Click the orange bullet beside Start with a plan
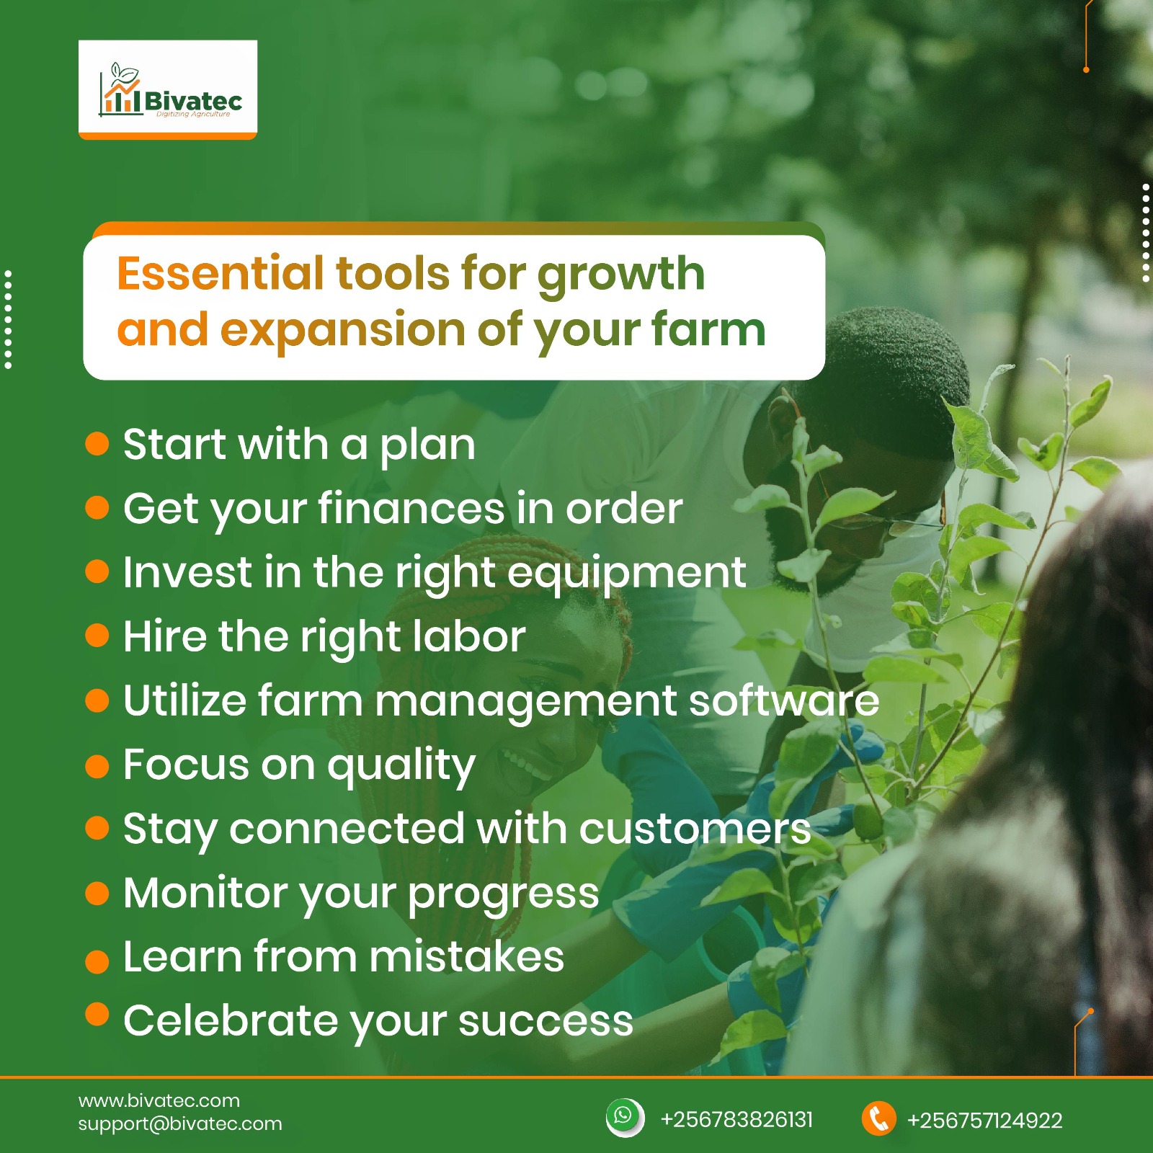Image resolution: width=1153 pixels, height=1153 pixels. click(x=97, y=444)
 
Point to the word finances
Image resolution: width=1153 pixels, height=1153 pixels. click(x=411, y=508)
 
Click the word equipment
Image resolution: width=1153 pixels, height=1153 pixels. click(x=626, y=574)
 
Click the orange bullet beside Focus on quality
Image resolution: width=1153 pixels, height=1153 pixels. click(x=97, y=766)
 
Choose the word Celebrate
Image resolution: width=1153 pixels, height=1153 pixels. click(x=231, y=1020)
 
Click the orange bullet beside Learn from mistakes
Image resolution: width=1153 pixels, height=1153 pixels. click(x=97, y=961)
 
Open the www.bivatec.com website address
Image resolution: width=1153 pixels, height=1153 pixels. click(x=159, y=1100)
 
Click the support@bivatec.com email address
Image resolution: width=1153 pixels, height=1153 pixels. click(x=180, y=1123)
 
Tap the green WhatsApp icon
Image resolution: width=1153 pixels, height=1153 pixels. click(x=624, y=1118)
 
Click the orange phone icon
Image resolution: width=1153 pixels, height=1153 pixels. click(x=878, y=1119)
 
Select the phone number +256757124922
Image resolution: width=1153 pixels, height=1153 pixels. click(x=984, y=1120)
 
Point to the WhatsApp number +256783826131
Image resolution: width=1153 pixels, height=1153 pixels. click(x=736, y=1119)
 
